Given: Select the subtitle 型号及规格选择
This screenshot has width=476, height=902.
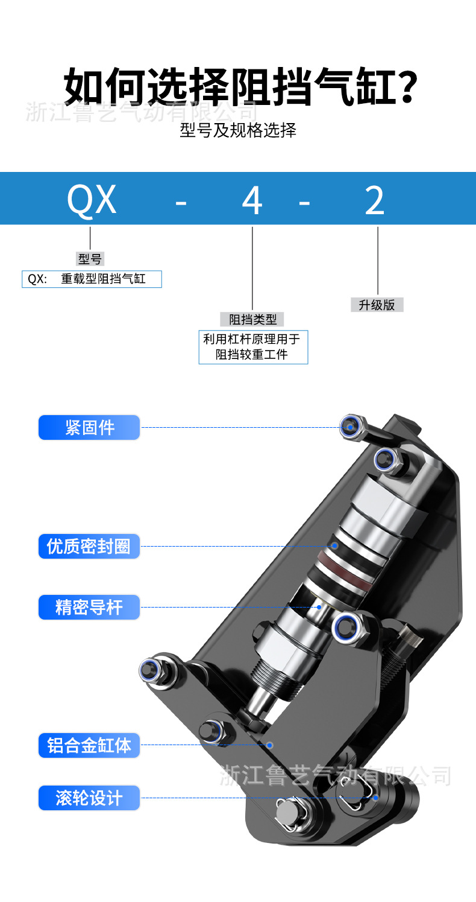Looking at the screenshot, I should tap(238, 130).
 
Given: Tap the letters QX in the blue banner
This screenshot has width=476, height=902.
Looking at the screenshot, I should tap(91, 200).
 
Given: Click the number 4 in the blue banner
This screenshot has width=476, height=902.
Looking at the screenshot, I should tap(252, 201).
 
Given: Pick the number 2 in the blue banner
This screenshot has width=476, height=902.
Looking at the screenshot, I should tap(374, 201).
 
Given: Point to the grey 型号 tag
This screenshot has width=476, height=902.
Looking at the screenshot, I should tap(90, 259).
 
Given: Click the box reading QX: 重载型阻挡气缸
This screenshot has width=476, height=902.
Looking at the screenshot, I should tap(92, 279).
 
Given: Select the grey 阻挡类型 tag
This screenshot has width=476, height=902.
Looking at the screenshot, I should tap(252, 319).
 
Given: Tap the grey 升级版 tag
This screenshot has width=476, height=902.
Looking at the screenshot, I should tap(377, 305).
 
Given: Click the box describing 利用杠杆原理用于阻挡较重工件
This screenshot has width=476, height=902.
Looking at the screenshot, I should tap(253, 347).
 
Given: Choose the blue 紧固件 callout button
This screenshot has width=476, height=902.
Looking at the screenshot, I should tap(89, 427).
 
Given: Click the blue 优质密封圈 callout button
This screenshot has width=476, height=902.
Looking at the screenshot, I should tap(89, 547).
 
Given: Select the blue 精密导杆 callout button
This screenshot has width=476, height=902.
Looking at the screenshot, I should tap(89, 607).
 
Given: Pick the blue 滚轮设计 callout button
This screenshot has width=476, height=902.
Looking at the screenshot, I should tap(89, 798).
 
